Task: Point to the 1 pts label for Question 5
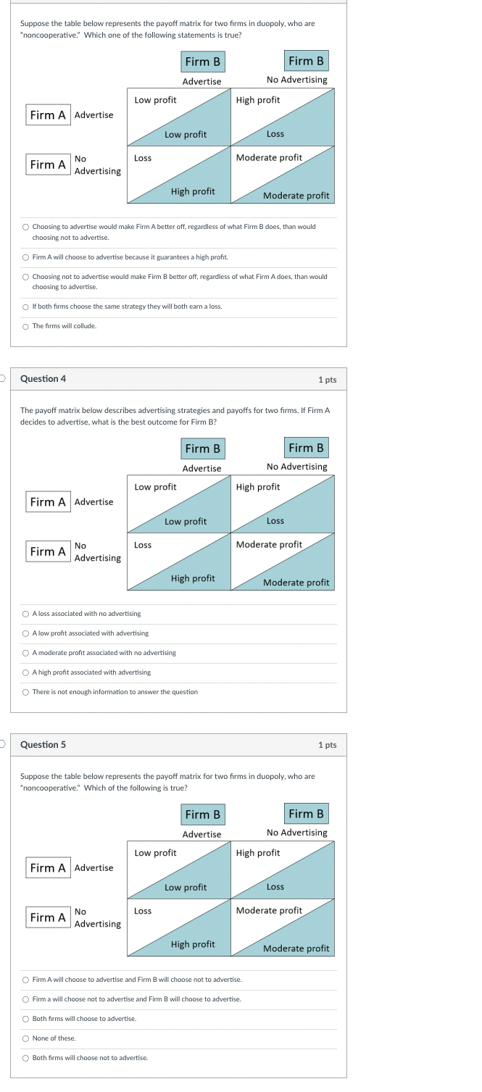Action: click(x=327, y=745)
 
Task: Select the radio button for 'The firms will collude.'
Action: click(x=26, y=326)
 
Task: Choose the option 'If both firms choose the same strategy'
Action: click(x=26, y=307)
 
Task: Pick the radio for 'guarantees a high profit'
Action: click(x=26, y=257)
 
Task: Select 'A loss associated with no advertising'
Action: click(x=26, y=614)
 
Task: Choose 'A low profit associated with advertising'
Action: click(x=26, y=633)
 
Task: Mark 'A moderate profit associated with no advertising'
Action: click(x=26, y=653)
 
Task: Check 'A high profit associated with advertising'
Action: click(x=26, y=672)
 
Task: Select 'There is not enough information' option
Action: click(x=26, y=692)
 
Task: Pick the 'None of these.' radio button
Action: click(x=26, y=1038)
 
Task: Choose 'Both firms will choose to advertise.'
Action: click(x=26, y=1019)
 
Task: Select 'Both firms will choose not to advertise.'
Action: click(x=26, y=1058)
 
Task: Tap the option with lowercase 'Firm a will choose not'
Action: click(x=26, y=999)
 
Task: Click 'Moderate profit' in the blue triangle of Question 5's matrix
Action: click(x=296, y=949)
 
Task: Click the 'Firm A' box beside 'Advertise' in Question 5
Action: click(x=48, y=867)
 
